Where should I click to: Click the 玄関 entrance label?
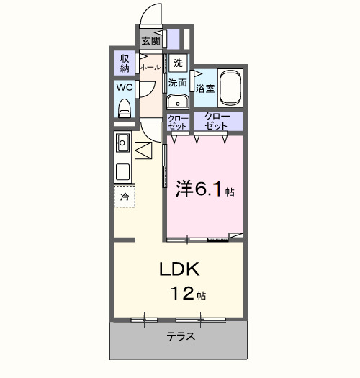point(150,40)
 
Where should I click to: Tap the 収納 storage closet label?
point(125,63)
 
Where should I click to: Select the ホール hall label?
point(150,67)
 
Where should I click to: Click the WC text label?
point(124,88)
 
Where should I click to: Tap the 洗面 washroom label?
point(178,83)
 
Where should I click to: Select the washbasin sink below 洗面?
point(177,100)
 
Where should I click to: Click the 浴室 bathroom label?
point(205,89)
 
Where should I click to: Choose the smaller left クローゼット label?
point(177,122)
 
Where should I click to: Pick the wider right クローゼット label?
point(217,122)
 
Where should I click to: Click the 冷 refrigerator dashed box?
point(125,196)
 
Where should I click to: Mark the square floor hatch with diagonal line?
point(144,151)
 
